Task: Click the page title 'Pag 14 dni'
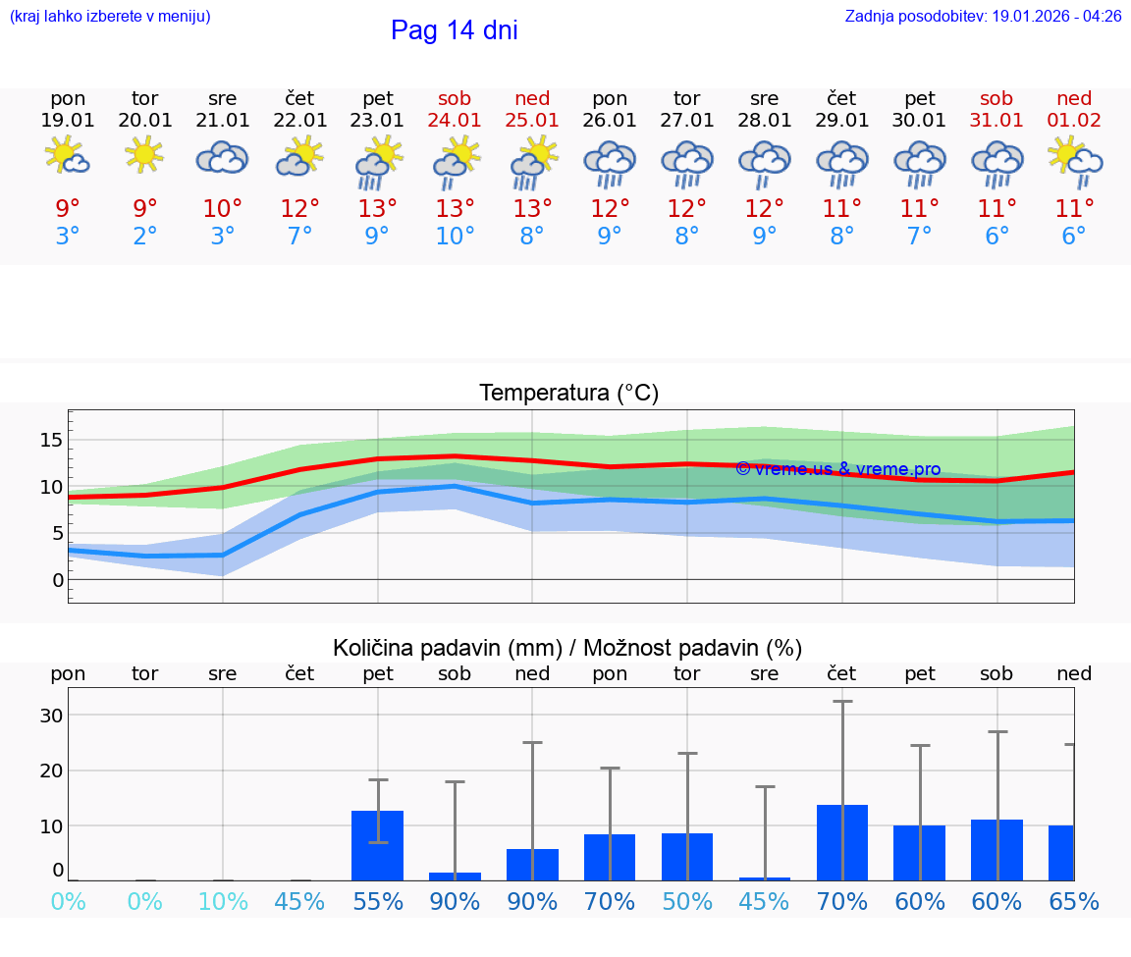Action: [454, 30]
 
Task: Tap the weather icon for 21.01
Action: [222, 158]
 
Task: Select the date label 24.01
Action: [455, 121]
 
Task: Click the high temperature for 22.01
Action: [299, 209]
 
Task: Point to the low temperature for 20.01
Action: [145, 237]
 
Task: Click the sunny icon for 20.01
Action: [145, 155]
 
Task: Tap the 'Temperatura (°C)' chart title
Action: [568, 394]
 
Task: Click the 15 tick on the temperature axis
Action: [51, 440]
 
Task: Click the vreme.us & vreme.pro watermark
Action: [837, 469]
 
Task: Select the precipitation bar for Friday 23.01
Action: [378, 845]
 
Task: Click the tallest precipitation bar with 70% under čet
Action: [842, 842]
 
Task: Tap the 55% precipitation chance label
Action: [378, 901]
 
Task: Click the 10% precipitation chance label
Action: [223, 901]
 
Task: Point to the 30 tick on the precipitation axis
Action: [51, 716]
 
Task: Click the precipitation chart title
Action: [567, 648]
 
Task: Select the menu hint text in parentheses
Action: [109, 17]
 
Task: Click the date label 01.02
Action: [1074, 121]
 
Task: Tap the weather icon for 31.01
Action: [996, 163]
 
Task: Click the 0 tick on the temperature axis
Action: [57, 580]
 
